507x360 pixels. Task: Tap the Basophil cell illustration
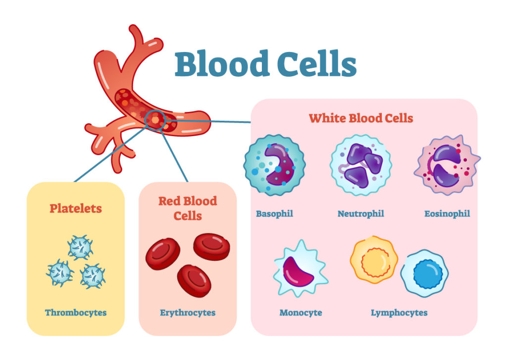pos(274,165)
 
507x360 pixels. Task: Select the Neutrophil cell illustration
pos(361,165)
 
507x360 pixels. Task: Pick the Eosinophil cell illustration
pos(447,165)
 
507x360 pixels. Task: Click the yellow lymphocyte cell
pos(374,260)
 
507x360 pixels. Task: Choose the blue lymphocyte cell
pos(424,273)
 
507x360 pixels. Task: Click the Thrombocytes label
pos(76,312)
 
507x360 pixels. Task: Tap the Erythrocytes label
pos(188,312)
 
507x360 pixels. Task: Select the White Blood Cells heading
pos(361,118)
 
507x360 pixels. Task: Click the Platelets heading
pos(76,208)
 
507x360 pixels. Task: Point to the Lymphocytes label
pos(399,312)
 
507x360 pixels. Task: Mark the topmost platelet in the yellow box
pos(80,248)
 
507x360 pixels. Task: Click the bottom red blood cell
pos(194,281)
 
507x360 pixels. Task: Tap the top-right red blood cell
pos(212,247)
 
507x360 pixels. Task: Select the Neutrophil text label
pos(361,214)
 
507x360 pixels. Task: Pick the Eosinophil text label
pos(447,214)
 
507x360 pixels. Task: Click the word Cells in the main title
pos(317,63)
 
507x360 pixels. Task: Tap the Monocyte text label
pos(301,312)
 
